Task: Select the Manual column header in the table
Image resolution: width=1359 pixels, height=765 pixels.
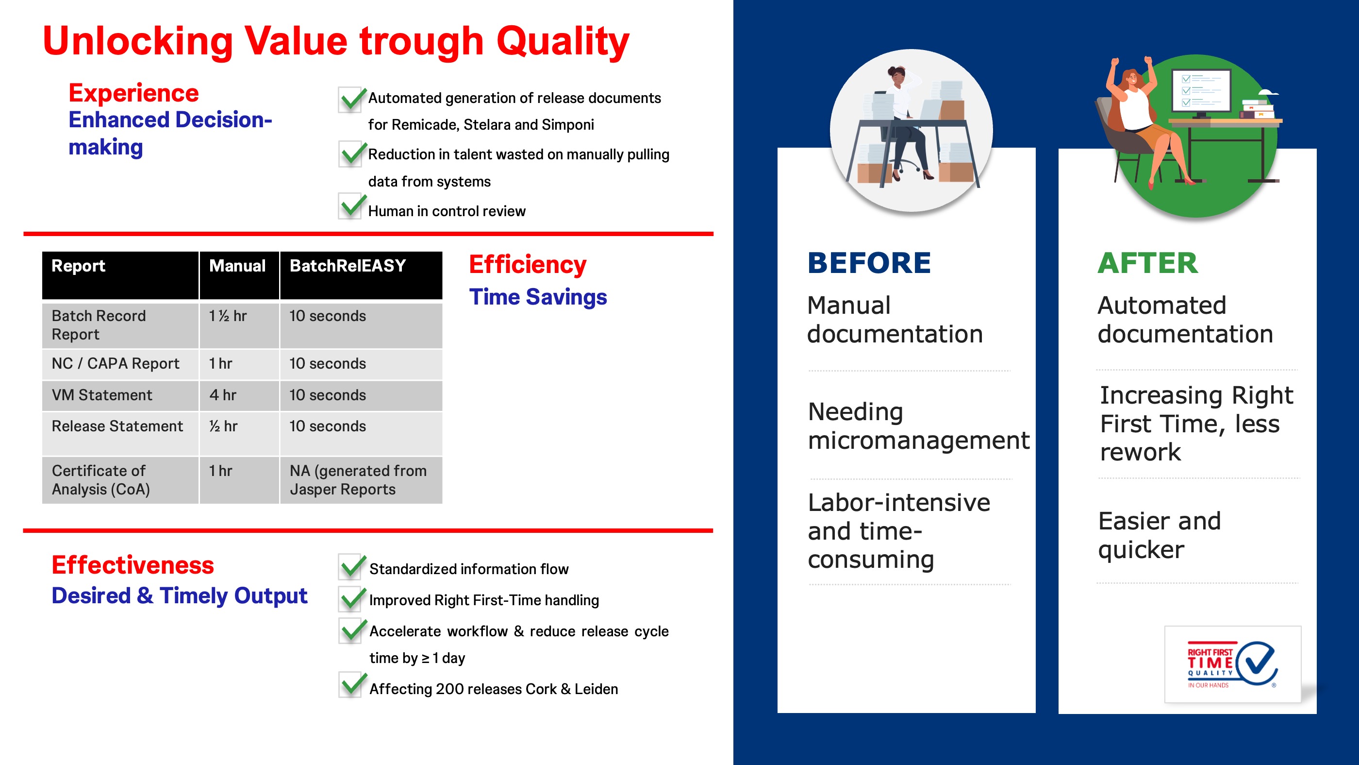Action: pos(237,266)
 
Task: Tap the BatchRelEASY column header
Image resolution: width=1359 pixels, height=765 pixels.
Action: pos(348,266)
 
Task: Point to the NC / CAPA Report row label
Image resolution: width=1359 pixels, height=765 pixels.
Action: pos(116,363)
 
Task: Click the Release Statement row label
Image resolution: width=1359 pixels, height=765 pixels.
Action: pos(117,426)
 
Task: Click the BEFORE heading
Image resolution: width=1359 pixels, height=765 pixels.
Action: pos(869,263)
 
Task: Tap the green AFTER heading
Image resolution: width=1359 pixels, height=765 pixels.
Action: pos(1148,263)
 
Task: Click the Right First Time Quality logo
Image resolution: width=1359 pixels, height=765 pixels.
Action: pos(1232,664)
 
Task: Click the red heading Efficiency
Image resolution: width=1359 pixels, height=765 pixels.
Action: pos(528,265)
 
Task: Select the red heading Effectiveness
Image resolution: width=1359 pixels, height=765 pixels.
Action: pos(133,565)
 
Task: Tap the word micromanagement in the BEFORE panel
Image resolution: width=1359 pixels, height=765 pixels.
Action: pos(918,441)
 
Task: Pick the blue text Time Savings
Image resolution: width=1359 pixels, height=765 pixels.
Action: pos(538,297)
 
